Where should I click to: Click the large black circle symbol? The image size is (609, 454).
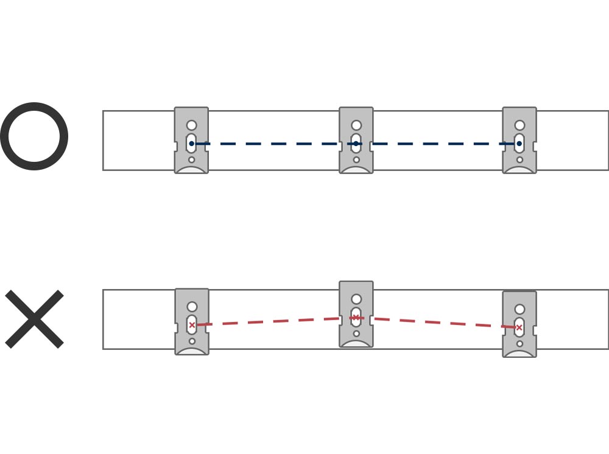[x=34, y=136]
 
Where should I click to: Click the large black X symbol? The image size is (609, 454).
[x=34, y=319]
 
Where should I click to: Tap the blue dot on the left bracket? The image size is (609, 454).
[x=191, y=144]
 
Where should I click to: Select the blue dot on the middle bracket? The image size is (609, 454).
[x=356, y=144]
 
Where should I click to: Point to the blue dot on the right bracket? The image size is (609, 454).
[x=519, y=144]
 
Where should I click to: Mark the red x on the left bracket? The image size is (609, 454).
[x=192, y=325]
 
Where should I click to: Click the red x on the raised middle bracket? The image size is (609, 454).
[x=356, y=317]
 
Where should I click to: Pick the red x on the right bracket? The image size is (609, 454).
[x=519, y=327]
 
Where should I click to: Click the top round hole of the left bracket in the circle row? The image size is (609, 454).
[x=191, y=125]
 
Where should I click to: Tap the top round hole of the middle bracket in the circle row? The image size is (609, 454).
[x=356, y=125]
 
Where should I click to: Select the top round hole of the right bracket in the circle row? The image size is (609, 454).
[x=519, y=125]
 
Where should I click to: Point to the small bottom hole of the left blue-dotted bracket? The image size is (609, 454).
[x=191, y=160]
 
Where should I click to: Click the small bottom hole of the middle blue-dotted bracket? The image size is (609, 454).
[x=356, y=160]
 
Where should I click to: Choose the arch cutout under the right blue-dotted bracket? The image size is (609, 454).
[x=519, y=170]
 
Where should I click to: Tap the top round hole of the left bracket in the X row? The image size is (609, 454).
[x=192, y=307]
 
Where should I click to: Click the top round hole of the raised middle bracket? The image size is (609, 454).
[x=356, y=299]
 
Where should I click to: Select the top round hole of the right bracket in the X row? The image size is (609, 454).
[x=519, y=309]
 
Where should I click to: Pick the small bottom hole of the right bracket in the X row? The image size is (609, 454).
[x=519, y=344]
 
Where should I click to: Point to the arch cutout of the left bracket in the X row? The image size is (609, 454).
[x=192, y=351]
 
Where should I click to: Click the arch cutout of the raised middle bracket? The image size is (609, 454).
[x=356, y=344]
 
